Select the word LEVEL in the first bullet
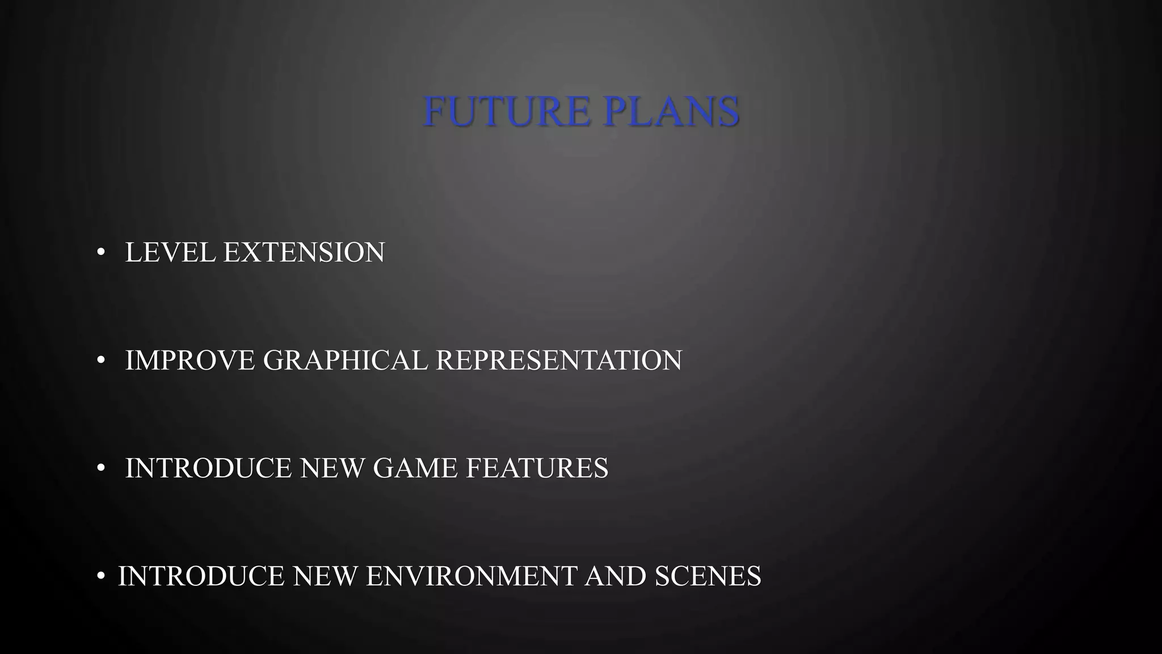(170, 253)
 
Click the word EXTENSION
(304, 253)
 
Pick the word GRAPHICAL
(346, 360)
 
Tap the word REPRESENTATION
(559, 360)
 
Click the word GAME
(415, 468)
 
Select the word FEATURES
(537, 468)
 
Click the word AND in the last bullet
(616, 576)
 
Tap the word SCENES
(708, 576)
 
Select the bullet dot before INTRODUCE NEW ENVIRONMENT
(101, 576)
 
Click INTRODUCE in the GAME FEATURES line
(208, 468)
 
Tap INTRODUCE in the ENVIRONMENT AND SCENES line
(201, 576)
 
